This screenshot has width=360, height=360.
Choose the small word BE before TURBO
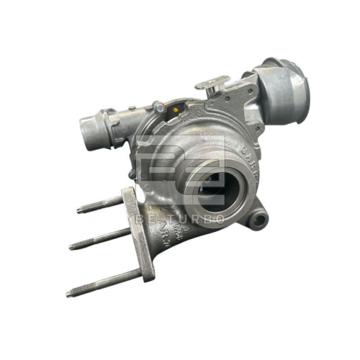[143, 218]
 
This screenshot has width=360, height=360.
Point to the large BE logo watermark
[180, 173]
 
